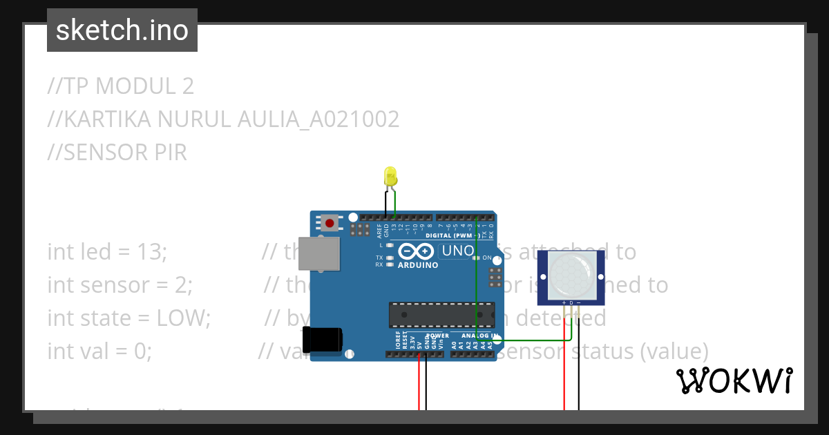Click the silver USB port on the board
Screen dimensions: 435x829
325,253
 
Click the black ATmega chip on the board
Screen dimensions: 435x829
441,314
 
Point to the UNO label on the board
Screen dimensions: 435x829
457,251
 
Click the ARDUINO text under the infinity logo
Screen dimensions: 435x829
417,265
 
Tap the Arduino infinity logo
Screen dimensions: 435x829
415,251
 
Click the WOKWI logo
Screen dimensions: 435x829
734,380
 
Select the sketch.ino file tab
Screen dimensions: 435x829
122,30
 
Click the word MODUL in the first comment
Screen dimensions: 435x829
136,86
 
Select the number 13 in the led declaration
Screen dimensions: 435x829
151,252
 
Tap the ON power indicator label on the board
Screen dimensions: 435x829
486,258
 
